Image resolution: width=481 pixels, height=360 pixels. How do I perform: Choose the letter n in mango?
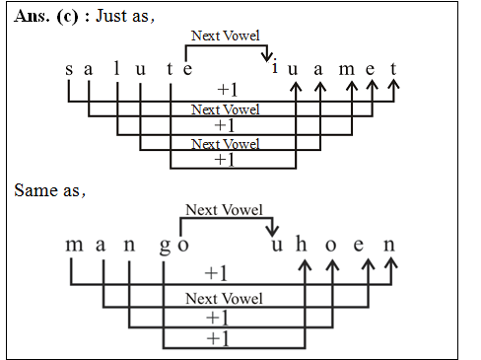pyautogui.click(x=129, y=245)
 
